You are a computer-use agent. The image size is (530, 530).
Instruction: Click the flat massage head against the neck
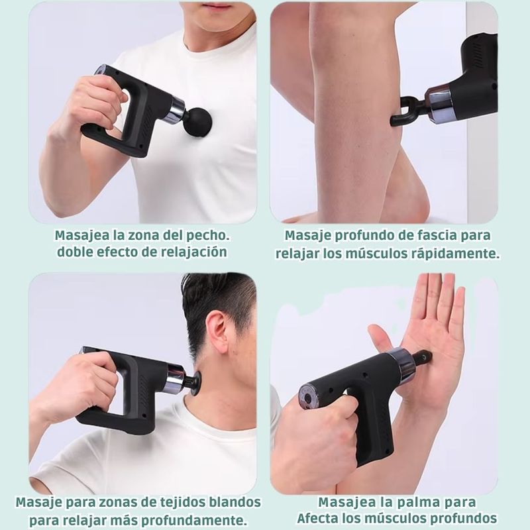point(196,383)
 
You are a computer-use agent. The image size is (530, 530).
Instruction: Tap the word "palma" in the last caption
point(418,502)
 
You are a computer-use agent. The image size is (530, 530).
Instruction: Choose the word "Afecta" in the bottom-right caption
point(318,518)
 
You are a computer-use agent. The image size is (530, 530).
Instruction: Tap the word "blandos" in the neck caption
point(235,502)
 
